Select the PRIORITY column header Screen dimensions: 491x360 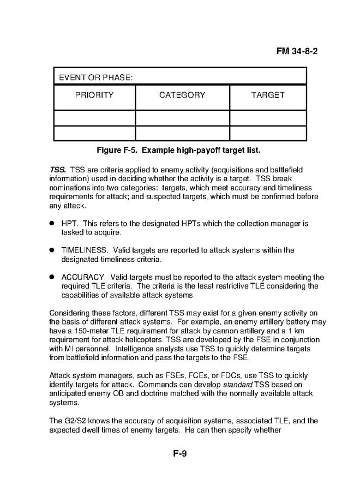coord(94,95)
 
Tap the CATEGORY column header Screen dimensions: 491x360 coord(182,95)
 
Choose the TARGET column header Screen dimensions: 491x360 coord(268,95)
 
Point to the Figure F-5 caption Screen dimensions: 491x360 coord(179,149)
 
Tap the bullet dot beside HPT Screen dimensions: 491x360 coord(52,224)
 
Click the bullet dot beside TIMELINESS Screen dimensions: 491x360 coord(52,250)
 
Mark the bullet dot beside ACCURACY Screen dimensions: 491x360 coord(52,277)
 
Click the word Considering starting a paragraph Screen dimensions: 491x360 coord(73,313)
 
